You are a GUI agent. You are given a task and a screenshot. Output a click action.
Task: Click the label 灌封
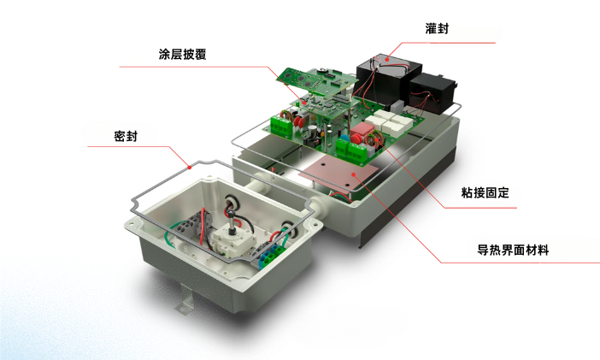(437, 28)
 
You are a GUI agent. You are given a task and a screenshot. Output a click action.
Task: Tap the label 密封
(126, 137)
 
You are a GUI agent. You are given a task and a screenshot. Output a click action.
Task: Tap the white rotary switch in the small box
(232, 239)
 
